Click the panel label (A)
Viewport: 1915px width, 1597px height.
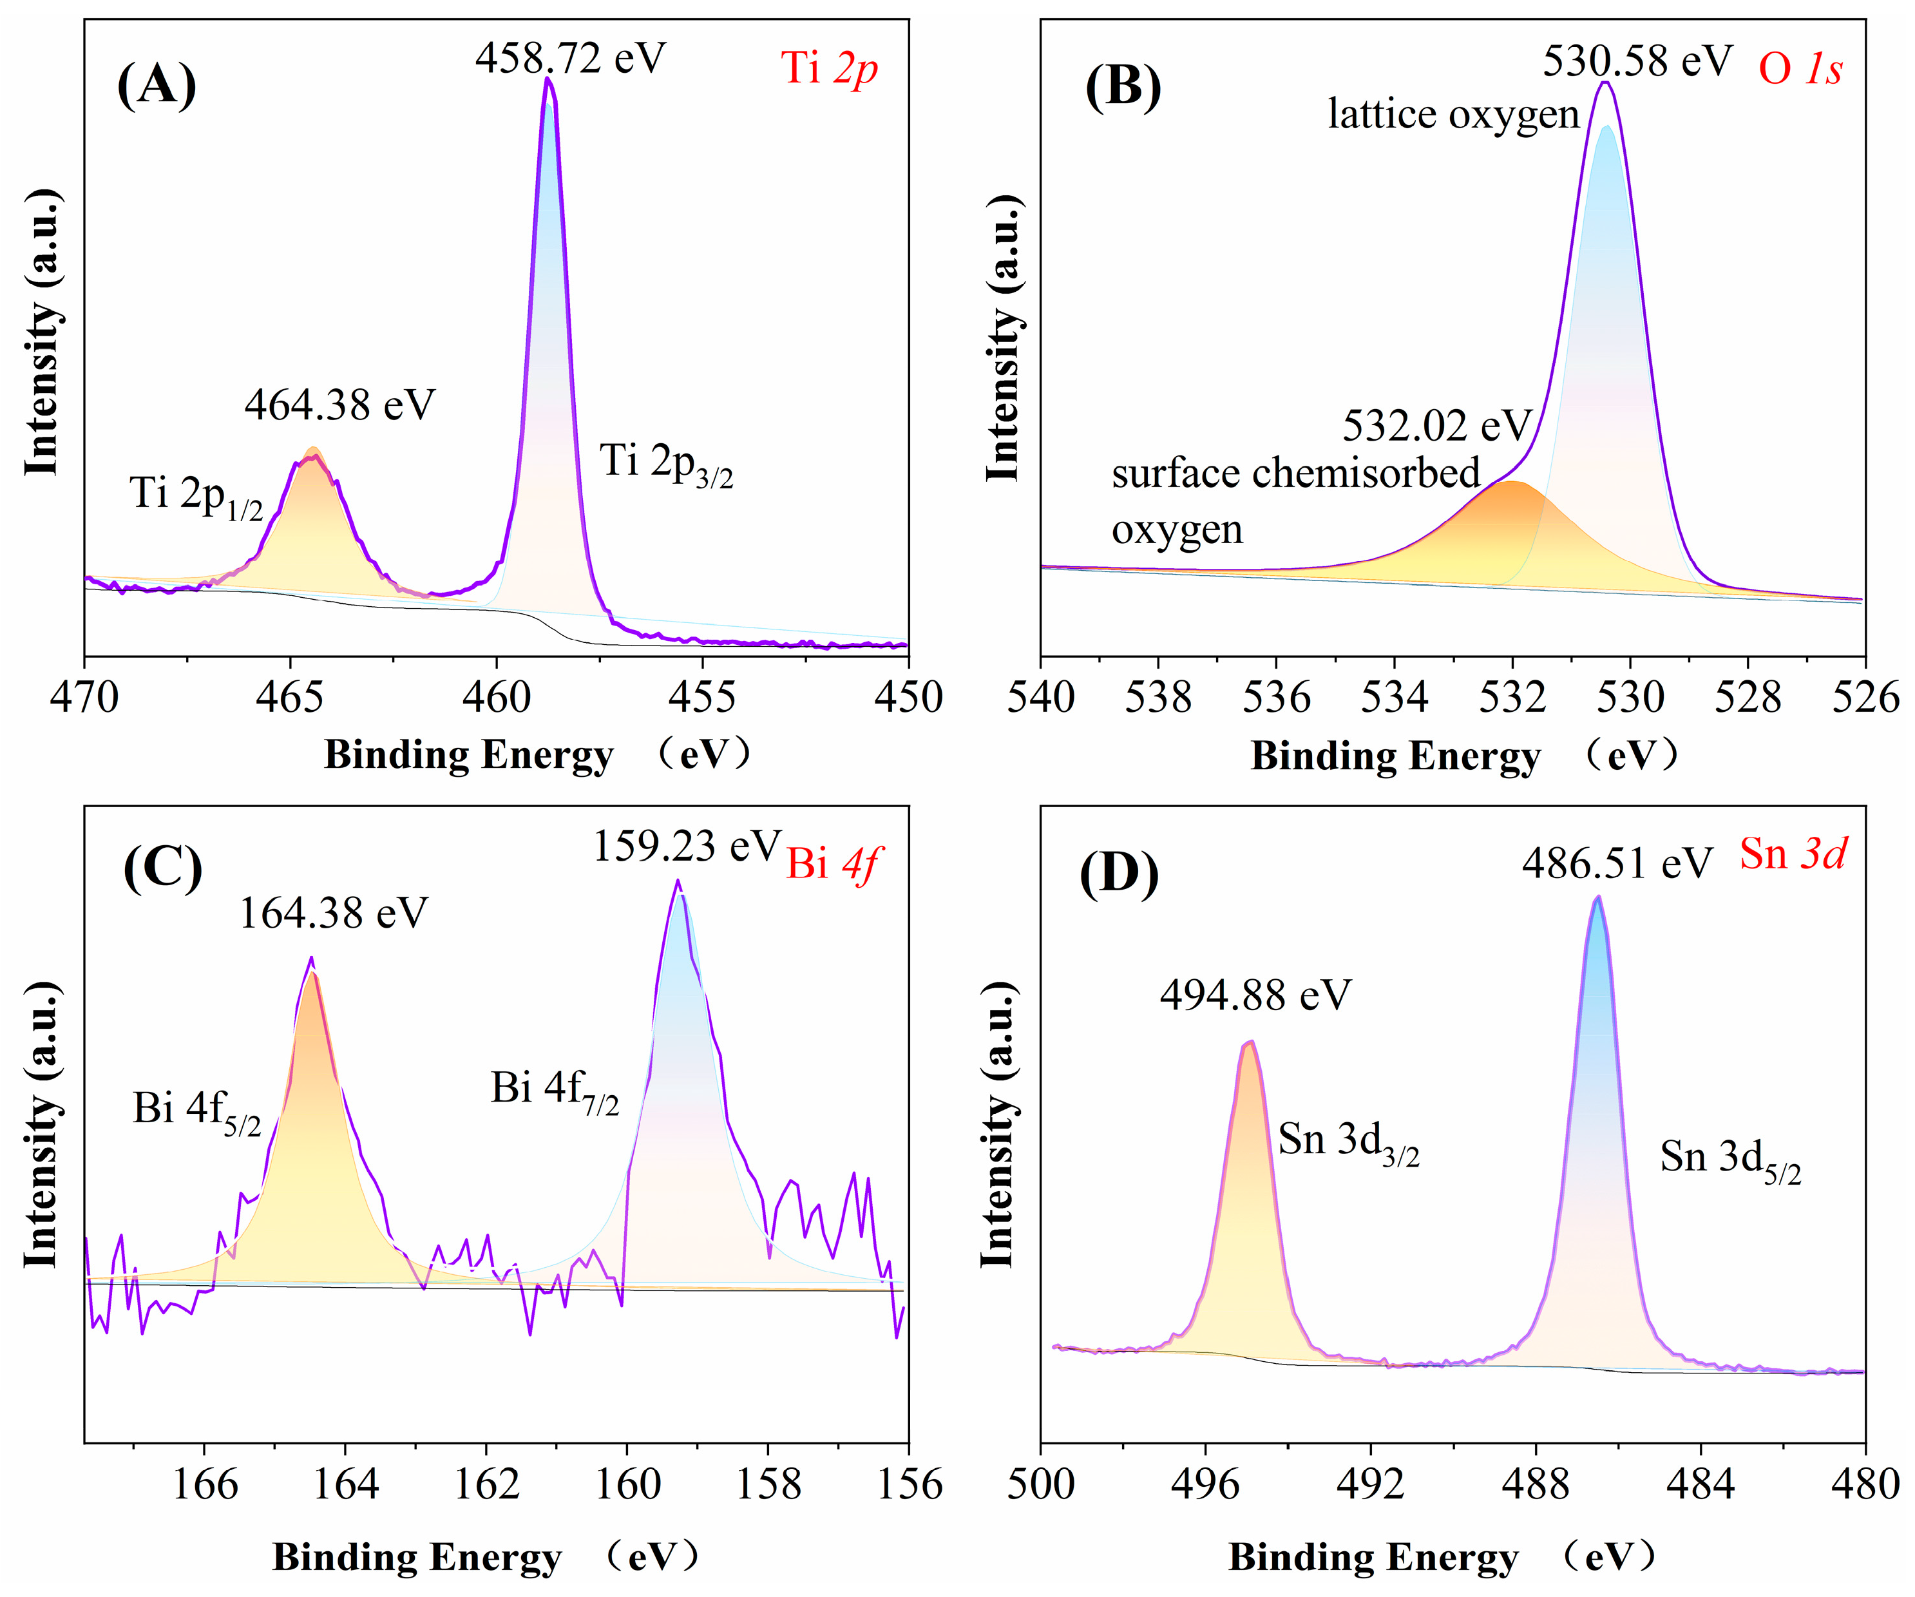pos(157,86)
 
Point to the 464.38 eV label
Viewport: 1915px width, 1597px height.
pos(339,404)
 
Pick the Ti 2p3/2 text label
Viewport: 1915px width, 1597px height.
pos(665,463)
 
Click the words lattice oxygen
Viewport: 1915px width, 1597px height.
pos(1453,115)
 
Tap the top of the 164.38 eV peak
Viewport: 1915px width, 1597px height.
pos(312,959)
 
